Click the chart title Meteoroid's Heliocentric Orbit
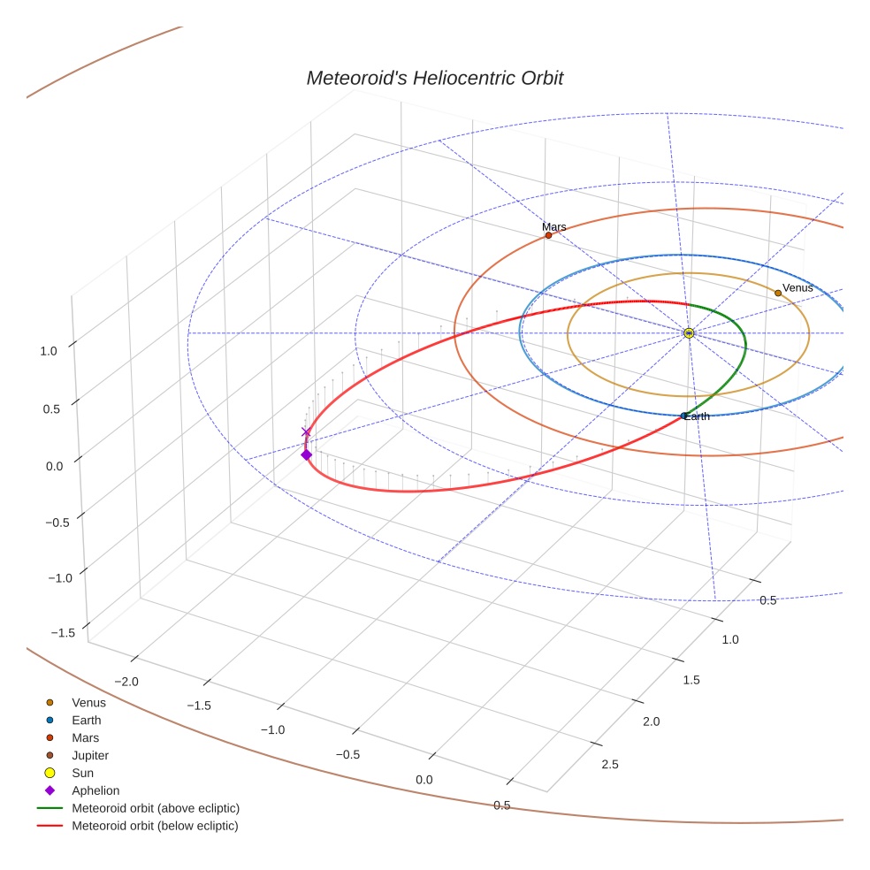(434, 78)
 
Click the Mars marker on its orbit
(548, 235)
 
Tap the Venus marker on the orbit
(778, 293)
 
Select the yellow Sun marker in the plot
(689, 333)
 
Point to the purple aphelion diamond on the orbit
(306, 454)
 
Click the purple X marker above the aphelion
(306, 432)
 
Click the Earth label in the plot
(697, 416)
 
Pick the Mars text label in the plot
(554, 227)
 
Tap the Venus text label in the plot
(797, 288)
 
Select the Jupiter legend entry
(90, 755)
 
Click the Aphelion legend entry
(95, 790)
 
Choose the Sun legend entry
(83, 773)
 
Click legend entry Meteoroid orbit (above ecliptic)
(156, 808)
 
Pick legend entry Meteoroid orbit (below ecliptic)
(155, 826)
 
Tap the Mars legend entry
(85, 737)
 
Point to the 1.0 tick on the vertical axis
(49, 350)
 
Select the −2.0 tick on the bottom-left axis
(128, 681)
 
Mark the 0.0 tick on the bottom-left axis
(424, 779)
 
